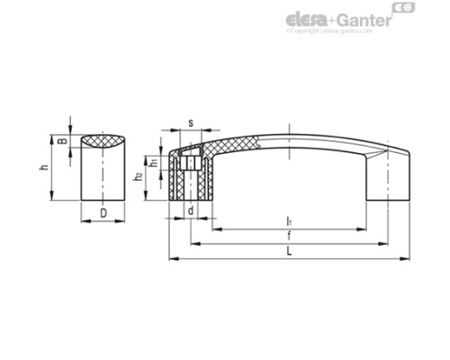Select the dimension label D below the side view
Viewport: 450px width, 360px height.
click(x=103, y=212)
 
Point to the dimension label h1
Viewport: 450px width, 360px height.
click(x=155, y=163)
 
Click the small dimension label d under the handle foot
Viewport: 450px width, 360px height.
click(x=191, y=211)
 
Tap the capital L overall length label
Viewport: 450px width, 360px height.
click(x=286, y=251)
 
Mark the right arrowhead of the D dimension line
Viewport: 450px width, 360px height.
click(x=123, y=220)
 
